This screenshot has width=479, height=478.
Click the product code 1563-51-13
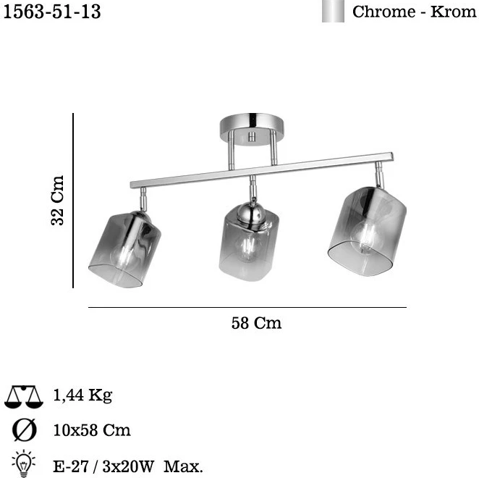pyautogui.click(x=52, y=12)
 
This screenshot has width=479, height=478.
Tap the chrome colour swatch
pyautogui.click(x=333, y=11)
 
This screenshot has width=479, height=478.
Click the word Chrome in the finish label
pyautogui.click(x=383, y=12)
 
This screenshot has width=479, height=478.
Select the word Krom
pyautogui.click(x=454, y=12)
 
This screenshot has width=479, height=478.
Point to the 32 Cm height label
pyautogui.click(x=57, y=201)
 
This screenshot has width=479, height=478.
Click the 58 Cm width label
pyautogui.click(x=256, y=323)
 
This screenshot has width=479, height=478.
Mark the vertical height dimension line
pyautogui.click(x=73, y=201)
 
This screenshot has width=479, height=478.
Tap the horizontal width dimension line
pyautogui.click(x=247, y=307)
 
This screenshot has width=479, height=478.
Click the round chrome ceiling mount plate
pyautogui.click(x=251, y=129)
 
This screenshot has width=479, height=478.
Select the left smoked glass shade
pyautogui.click(x=125, y=248)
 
